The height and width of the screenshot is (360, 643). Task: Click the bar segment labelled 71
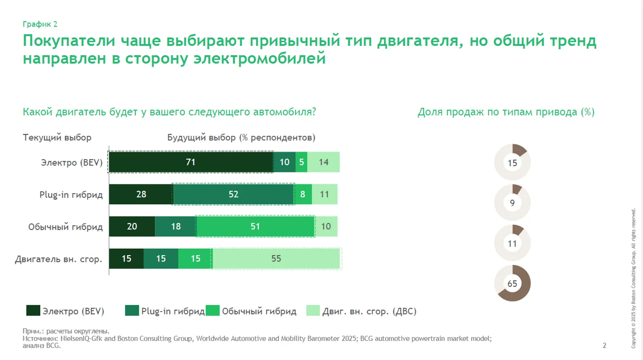[191, 162]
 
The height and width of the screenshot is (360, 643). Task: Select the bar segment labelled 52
[233, 194]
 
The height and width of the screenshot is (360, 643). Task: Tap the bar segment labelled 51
[255, 226]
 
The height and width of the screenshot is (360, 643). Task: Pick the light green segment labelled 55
[276, 259]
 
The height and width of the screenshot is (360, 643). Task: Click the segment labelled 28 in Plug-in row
[141, 194]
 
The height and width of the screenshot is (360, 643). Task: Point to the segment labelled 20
[132, 226]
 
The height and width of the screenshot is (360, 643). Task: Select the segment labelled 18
[176, 226]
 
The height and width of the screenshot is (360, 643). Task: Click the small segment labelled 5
[301, 162]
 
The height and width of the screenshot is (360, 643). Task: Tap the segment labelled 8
[303, 194]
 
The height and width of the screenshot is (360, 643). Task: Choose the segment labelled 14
[323, 162]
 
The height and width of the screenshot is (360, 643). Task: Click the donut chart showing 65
[512, 283]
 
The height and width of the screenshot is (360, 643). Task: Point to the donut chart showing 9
[512, 202]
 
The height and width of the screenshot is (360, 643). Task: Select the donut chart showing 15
[512, 163]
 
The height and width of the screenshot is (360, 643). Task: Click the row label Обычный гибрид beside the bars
[65, 227]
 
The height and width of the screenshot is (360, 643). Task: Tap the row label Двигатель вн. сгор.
[59, 259]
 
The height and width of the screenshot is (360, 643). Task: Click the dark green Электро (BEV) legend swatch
[33, 311]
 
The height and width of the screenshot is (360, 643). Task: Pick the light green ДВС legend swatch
[313, 311]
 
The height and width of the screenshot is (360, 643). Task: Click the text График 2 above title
[40, 24]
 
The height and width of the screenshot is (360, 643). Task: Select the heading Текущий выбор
[57, 138]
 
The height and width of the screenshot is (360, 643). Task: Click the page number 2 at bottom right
[604, 346]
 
